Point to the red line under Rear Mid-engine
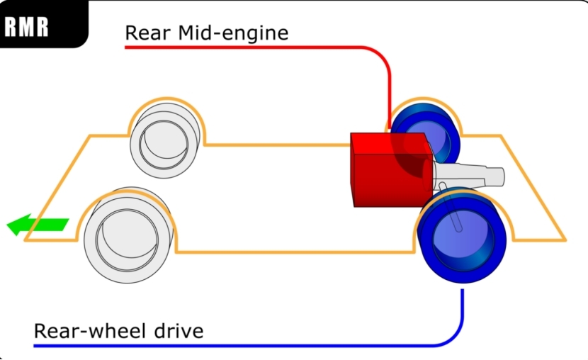[x=248, y=47]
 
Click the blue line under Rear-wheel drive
[x=248, y=346]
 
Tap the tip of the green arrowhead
[x=8, y=227]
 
